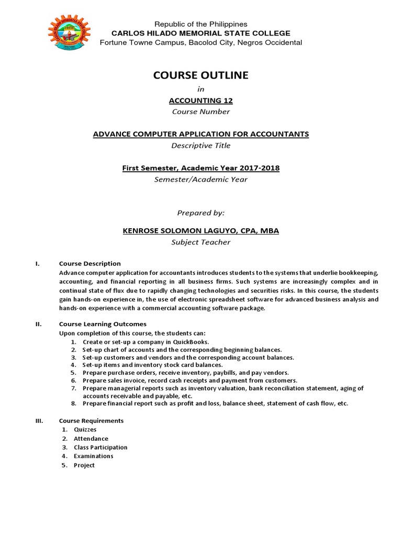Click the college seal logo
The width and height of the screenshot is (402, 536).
click(69, 33)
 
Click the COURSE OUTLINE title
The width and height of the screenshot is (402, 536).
click(200, 75)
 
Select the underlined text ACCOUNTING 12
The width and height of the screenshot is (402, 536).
click(201, 101)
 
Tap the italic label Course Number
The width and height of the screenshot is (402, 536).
click(201, 111)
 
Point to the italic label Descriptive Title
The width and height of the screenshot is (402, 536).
click(201, 146)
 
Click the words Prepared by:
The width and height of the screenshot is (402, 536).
click(201, 213)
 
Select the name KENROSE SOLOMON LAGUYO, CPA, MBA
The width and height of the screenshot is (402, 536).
click(201, 231)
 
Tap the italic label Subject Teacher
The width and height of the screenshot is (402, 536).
click(201, 242)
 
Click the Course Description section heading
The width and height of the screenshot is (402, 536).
click(90, 263)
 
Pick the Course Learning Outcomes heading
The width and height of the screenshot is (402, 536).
click(103, 324)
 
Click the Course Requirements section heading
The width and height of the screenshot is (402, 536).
click(91, 420)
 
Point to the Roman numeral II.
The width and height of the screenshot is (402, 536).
click(38, 324)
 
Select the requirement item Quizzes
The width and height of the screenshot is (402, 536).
click(85, 429)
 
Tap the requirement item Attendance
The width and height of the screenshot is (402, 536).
click(91, 438)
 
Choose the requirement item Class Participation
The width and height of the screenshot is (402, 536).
click(100, 447)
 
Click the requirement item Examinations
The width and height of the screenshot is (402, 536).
click(93, 456)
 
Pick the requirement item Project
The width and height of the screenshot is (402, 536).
click(84, 465)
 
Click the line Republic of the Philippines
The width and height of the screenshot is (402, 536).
click(200, 24)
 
